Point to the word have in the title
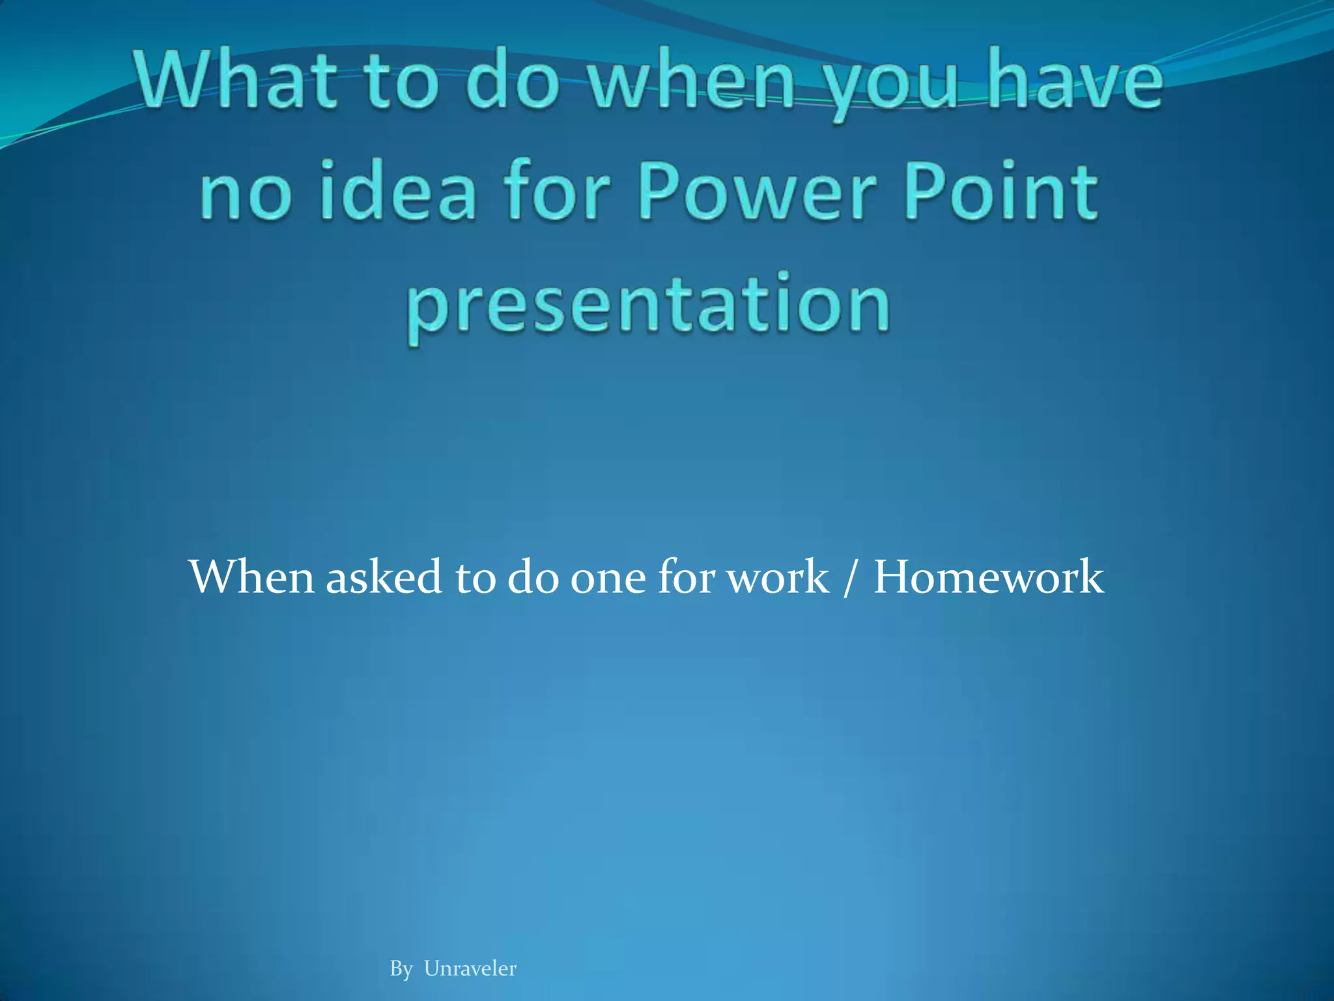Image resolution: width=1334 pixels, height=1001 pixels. (x=1075, y=81)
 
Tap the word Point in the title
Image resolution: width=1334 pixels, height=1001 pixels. (x=1003, y=192)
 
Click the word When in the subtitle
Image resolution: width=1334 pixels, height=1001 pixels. (x=251, y=577)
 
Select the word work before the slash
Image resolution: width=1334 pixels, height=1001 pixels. (x=778, y=577)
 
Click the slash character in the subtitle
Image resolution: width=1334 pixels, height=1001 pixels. (x=848, y=577)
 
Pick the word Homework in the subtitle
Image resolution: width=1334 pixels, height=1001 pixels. (x=988, y=577)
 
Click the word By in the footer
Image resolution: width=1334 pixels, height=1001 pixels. (x=401, y=969)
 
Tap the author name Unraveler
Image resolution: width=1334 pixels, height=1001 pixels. (x=470, y=968)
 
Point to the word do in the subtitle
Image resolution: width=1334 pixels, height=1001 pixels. (x=533, y=577)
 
